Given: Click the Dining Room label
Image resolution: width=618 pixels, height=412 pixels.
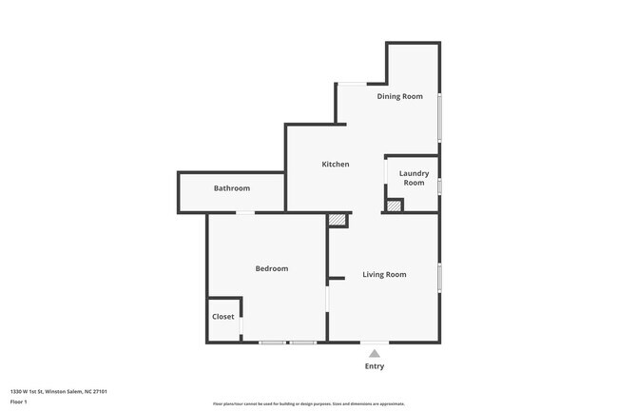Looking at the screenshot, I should [x=399, y=96].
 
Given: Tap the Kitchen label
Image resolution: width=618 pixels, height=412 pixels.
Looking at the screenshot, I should [x=335, y=165].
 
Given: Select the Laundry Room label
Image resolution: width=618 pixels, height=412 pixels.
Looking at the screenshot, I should [x=414, y=178].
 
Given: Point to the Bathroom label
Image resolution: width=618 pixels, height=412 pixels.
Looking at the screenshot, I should [x=231, y=188].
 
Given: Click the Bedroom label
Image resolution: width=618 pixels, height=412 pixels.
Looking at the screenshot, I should [x=271, y=269].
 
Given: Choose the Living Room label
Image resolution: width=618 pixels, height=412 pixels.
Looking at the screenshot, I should [x=384, y=275].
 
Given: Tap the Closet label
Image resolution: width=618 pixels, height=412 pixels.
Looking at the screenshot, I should [x=222, y=317].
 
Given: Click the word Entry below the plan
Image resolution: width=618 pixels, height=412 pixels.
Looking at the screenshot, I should [x=375, y=366].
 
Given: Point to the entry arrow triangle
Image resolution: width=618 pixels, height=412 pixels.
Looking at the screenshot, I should [x=375, y=354].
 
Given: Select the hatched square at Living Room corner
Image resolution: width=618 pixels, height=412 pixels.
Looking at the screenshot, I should [x=338, y=220].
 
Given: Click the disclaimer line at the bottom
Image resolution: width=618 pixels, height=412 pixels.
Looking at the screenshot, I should [x=309, y=404].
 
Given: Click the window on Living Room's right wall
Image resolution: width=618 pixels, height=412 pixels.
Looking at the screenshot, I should [x=439, y=277].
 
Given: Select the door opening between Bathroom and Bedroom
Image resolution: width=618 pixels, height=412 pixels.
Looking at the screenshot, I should [x=244, y=212].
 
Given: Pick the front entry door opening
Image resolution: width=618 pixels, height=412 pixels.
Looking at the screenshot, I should [x=375, y=342].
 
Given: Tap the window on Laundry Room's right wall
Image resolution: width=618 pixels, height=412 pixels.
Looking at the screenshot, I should [x=439, y=185].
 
